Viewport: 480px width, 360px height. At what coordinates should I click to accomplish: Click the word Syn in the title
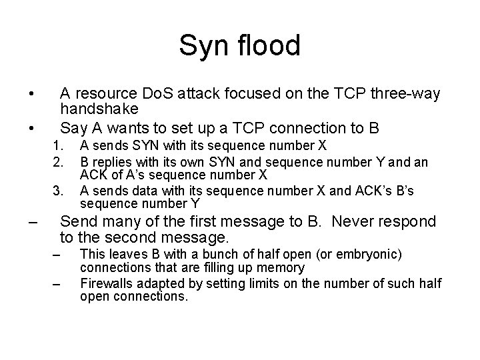click(200, 47)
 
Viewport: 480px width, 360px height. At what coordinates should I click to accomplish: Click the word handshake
click(99, 108)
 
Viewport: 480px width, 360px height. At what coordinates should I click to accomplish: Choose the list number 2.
click(59, 161)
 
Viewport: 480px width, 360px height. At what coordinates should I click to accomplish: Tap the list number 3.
click(59, 191)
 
